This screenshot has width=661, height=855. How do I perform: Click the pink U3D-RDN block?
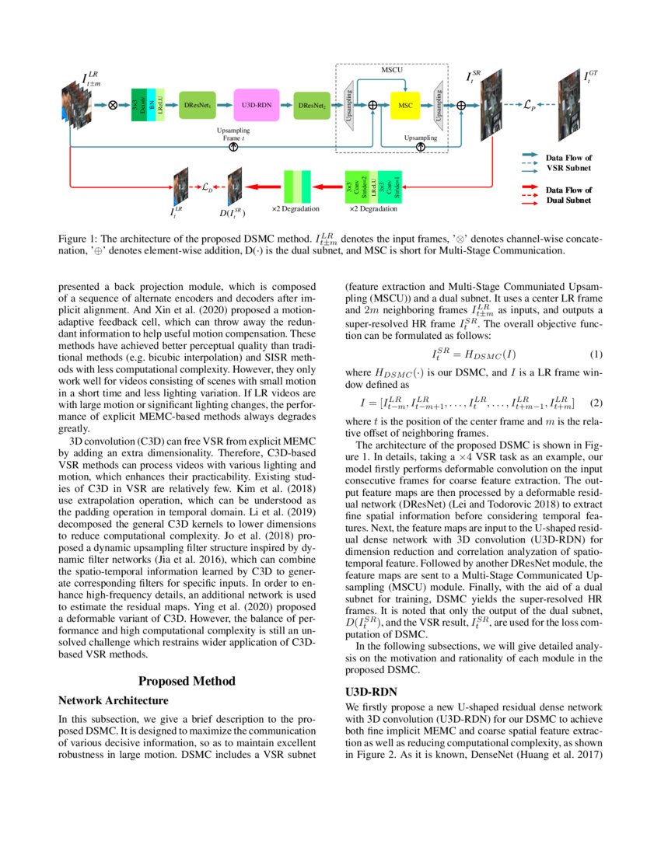click(256, 104)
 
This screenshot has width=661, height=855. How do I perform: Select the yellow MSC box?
click(404, 104)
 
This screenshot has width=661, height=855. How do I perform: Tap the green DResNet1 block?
click(198, 104)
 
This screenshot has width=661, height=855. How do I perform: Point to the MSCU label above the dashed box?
click(392, 70)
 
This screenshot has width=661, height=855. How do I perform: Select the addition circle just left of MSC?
click(373, 104)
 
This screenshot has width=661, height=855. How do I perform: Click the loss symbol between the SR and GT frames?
click(526, 103)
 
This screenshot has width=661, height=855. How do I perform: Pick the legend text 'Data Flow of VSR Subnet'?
click(568, 162)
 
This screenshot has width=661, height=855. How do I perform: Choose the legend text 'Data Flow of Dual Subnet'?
click(568, 195)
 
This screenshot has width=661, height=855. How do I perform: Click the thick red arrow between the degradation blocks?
click(263, 187)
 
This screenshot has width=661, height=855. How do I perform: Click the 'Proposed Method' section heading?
click(187, 682)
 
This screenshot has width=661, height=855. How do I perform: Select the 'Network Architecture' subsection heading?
click(114, 700)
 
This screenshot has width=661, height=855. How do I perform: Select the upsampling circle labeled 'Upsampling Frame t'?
click(233, 146)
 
